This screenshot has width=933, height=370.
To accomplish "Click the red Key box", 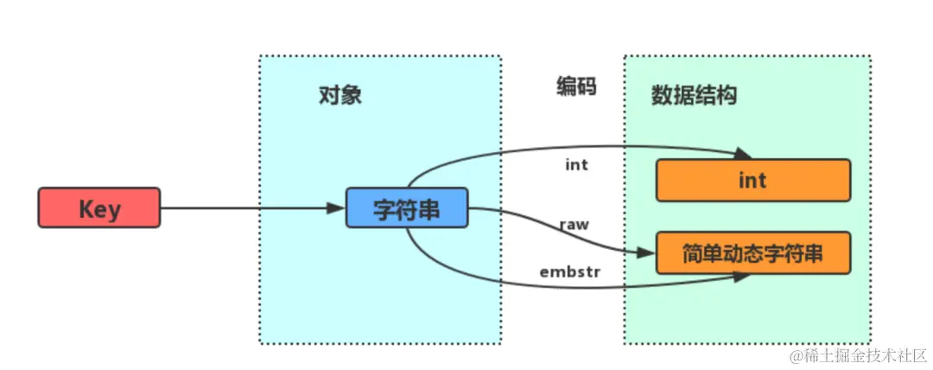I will (x=98, y=208).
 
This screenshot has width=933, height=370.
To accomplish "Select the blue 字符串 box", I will (x=407, y=207).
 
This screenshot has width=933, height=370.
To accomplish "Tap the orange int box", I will (x=752, y=180).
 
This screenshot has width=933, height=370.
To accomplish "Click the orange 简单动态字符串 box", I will (x=753, y=253).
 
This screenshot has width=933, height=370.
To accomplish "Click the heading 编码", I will (x=576, y=86).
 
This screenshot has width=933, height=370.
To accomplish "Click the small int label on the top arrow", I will (x=576, y=164).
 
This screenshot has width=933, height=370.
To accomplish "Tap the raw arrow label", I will (x=574, y=224).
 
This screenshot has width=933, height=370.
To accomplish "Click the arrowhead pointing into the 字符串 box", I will (x=338, y=208).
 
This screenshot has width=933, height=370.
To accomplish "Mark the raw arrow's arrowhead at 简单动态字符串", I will (x=646, y=253).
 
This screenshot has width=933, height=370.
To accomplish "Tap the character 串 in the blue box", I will (x=434, y=208).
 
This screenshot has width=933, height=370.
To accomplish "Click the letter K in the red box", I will (x=86, y=208).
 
